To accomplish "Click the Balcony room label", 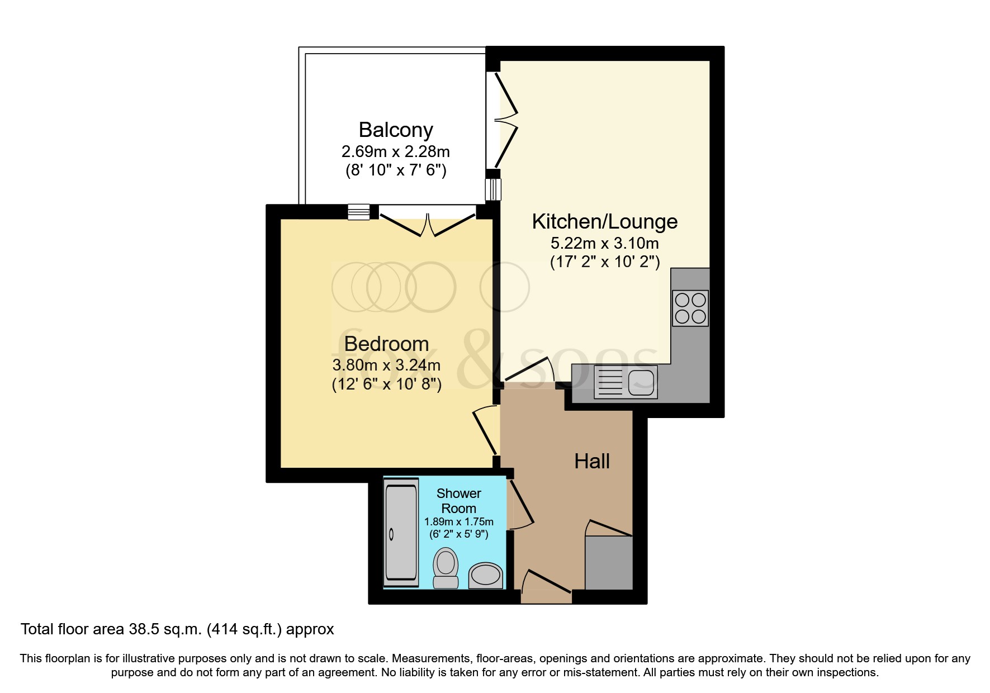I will [x=396, y=130].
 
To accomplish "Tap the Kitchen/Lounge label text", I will [x=604, y=221].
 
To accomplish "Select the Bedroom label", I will [x=386, y=343].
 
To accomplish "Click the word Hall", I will [x=592, y=461].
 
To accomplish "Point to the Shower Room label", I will [x=458, y=501].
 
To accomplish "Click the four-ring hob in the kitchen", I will [x=691, y=308].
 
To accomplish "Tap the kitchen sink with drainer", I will [x=626, y=382].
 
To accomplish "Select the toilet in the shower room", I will [x=446, y=567].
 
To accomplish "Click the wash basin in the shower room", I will [x=485, y=575].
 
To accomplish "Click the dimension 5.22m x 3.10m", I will [x=604, y=244].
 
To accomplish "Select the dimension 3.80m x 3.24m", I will [x=386, y=366].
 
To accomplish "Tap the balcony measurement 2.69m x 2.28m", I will [x=396, y=151].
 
